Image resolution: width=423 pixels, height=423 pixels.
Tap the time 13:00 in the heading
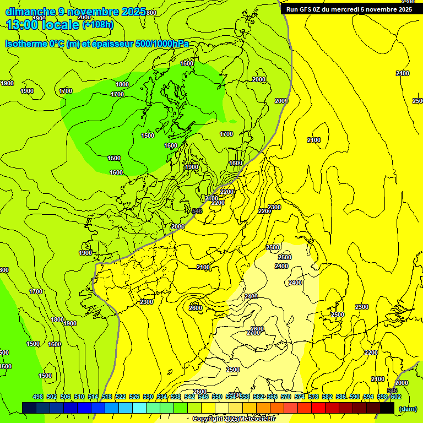click(24, 24)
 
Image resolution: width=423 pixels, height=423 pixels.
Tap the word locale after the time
click(61, 24)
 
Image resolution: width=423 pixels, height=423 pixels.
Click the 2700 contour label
click(253, 333)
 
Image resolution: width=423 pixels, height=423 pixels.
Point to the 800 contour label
click(151, 12)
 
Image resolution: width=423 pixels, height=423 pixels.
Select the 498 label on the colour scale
click(38, 397)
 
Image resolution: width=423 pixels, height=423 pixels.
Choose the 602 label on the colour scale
click(395, 397)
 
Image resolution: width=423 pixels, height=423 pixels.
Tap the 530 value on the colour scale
click(148, 397)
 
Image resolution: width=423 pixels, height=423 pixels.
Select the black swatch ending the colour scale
click(387, 408)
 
